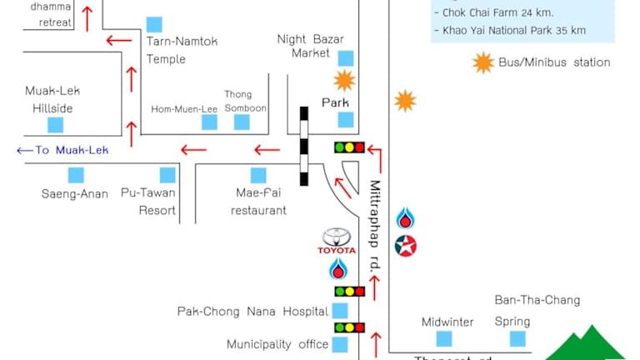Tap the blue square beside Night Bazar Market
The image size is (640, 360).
[x=345, y=57]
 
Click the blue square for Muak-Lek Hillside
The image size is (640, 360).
[x=55, y=125]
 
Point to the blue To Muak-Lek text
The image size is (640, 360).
[x=63, y=150]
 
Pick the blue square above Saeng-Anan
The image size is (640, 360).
[x=76, y=175]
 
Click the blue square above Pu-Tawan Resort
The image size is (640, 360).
[x=167, y=175]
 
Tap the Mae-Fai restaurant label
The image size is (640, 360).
[x=258, y=202]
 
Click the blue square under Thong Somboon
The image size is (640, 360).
[x=242, y=122]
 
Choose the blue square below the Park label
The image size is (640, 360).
[x=345, y=119]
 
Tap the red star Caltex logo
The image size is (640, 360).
[x=406, y=246]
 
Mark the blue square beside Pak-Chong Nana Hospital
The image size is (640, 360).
[x=340, y=311]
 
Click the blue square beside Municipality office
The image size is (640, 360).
[x=340, y=344]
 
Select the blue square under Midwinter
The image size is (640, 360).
[x=444, y=338]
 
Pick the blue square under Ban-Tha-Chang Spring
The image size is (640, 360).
[x=518, y=338]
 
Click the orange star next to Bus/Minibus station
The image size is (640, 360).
[x=482, y=62]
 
